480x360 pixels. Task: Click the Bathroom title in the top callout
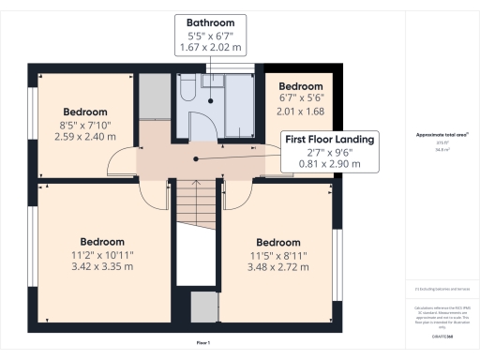(x=210, y=22)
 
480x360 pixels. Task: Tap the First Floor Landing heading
(x=329, y=139)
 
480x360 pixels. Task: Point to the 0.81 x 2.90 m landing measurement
(x=329, y=163)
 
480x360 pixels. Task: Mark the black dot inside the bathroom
(x=213, y=100)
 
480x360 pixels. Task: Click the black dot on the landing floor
(x=195, y=159)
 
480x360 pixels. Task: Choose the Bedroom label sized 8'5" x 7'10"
(x=85, y=112)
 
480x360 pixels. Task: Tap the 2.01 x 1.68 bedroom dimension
(x=301, y=111)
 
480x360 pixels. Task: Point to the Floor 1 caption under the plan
(x=202, y=344)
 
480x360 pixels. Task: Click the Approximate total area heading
(x=442, y=135)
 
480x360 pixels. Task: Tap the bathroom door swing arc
(x=199, y=127)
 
